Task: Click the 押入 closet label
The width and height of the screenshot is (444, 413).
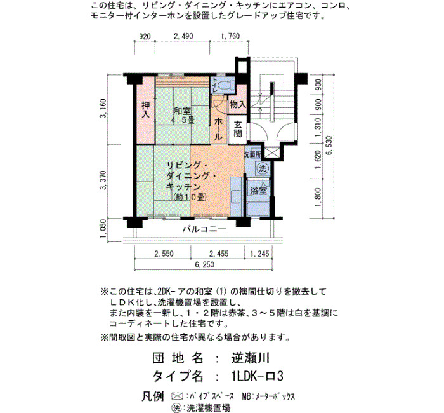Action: pos(146,109)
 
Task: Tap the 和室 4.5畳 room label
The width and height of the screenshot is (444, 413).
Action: pos(183,116)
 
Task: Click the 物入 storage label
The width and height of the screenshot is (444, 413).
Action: pos(238,104)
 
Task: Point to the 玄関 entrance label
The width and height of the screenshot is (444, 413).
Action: pos(238,129)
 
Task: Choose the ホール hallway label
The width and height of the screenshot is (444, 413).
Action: pos(218,129)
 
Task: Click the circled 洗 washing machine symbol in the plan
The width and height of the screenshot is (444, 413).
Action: pos(263,168)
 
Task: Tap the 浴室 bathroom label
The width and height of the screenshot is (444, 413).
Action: pos(259,191)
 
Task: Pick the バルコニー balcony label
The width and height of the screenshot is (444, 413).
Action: pos(204,229)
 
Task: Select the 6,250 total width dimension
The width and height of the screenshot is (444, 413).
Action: pos(205,264)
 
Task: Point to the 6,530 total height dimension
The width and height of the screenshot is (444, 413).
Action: pos(329,146)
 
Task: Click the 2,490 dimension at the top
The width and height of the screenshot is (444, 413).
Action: pos(183,36)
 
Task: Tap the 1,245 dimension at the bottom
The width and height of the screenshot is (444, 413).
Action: pos(259,254)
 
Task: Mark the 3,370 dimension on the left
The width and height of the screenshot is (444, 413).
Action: pos(103,180)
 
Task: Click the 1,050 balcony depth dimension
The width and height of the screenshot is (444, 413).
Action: pos(103,229)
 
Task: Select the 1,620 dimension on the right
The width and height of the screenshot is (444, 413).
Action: pos(318,160)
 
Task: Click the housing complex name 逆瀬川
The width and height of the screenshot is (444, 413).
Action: pos(250,358)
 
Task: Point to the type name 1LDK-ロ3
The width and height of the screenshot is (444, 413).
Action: pos(257,376)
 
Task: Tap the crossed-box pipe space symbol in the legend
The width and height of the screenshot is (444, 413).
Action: pos(178,396)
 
